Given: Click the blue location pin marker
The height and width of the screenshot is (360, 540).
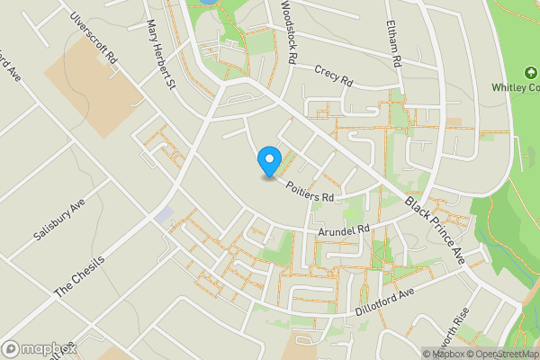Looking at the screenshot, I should pyautogui.click(x=268, y=162).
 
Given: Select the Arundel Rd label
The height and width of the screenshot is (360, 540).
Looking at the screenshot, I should pyautogui.click(x=345, y=231).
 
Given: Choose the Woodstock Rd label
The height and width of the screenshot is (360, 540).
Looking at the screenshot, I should pyautogui.click(x=288, y=31).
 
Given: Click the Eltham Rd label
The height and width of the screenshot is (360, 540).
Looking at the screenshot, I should pyautogui.click(x=392, y=44).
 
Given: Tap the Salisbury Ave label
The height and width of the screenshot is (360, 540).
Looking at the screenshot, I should pyautogui.click(x=58, y=219).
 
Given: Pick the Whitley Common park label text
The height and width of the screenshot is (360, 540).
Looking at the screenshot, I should pyautogui.click(x=515, y=87).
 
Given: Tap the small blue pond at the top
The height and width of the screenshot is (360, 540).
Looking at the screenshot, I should pyautogui.click(x=205, y=3).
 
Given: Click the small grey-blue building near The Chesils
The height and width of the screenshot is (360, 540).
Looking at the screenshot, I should pyautogui.click(x=165, y=215).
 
